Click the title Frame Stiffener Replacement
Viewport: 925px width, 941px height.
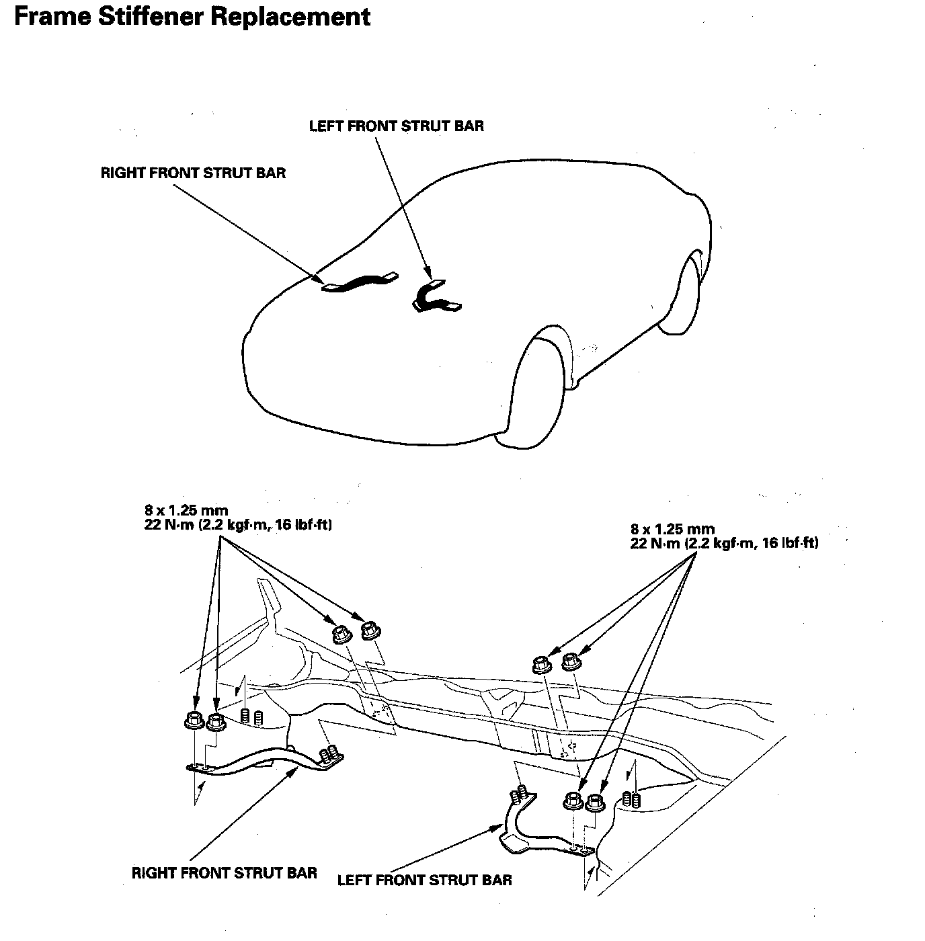[x=192, y=16]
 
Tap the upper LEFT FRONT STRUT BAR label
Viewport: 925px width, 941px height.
[x=396, y=126]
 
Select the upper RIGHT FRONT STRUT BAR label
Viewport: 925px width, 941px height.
[x=193, y=173]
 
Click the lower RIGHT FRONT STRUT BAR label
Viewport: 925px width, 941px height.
[x=224, y=873]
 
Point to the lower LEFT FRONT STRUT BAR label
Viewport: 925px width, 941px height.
[x=424, y=880]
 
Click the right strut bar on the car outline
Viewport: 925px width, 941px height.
[x=360, y=280]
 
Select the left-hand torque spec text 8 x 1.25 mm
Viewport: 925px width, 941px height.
[x=186, y=510]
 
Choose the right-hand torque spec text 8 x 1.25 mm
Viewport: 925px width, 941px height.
[x=672, y=529]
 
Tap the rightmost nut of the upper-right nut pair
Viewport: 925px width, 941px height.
[x=571, y=661]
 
